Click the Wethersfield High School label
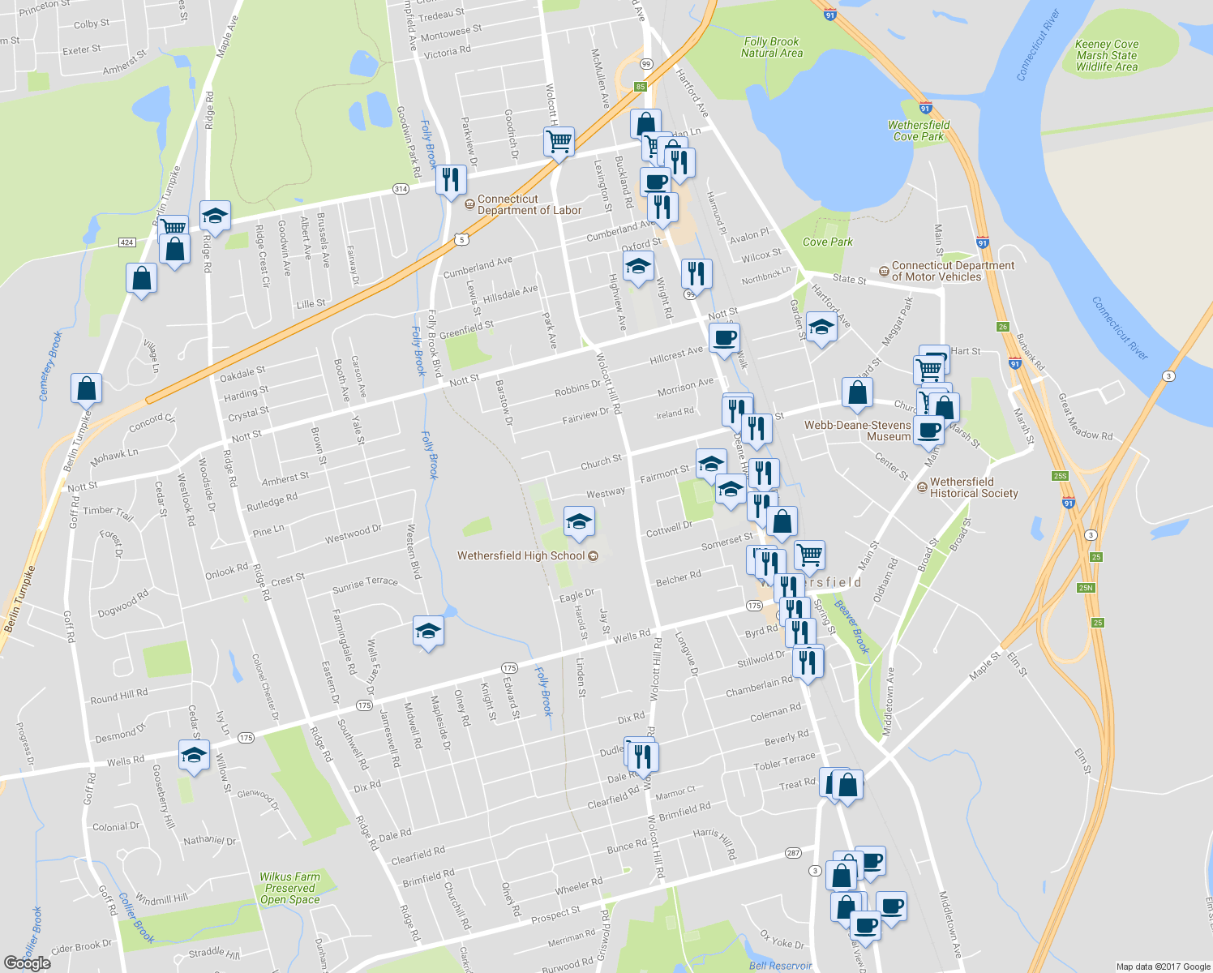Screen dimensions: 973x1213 521,556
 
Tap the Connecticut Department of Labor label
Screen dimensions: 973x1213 529,204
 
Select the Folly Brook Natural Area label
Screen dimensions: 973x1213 771,47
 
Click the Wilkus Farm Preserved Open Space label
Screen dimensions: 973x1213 289,888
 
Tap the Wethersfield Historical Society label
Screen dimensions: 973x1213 973,487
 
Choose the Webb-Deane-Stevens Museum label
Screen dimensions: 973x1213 857,431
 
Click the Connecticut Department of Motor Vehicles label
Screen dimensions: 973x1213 953,271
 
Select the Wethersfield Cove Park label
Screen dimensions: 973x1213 918,131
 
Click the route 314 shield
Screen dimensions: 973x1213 401,189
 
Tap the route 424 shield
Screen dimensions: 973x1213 126,242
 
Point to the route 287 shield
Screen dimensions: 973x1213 793,853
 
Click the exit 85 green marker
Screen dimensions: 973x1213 641,87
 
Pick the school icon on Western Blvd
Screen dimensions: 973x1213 428,632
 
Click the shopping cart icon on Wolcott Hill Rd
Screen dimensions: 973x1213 559,141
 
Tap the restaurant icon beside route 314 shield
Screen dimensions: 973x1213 451,179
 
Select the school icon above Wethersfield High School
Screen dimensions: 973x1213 579,521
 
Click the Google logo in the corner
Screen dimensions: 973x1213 27,962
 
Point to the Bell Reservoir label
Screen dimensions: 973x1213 780,965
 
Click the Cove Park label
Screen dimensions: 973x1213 827,242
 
